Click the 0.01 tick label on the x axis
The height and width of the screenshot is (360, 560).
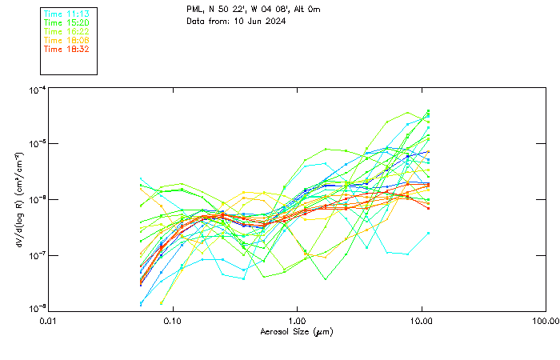(48, 321)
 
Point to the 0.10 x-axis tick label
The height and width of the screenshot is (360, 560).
(172, 321)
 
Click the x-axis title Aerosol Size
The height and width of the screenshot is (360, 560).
(296, 331)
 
